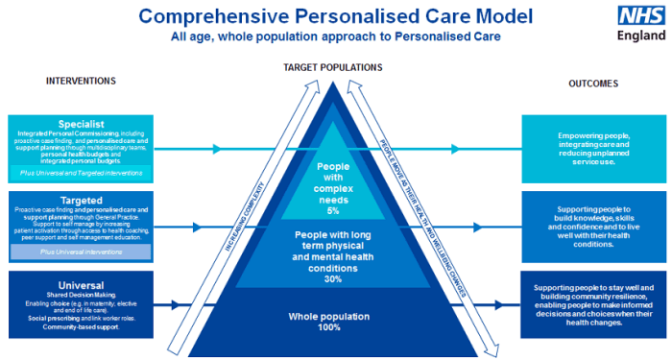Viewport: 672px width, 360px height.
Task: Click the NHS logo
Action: point(637,15)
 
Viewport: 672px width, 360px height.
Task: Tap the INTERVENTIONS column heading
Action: point(81,81)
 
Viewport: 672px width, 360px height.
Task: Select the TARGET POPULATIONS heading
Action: point(333,67)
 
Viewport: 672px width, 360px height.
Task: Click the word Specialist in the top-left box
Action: point(80,123)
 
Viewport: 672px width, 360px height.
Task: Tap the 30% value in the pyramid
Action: point(334,278)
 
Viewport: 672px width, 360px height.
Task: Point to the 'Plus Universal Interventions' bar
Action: point(81,252)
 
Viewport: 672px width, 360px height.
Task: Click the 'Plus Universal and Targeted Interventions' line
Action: point(81,173)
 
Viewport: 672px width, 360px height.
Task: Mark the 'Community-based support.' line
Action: point(80,328)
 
